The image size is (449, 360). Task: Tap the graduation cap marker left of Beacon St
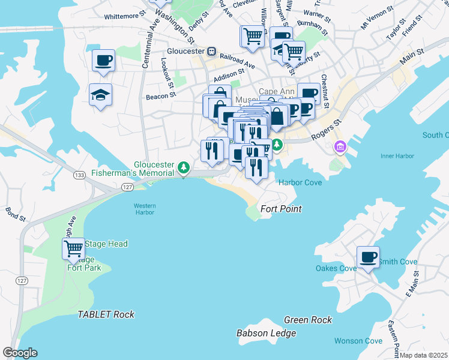[x=100, y=94]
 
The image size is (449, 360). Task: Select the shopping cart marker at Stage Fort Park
[x=74, y=248]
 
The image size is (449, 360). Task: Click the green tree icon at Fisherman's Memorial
[x=185, y=167]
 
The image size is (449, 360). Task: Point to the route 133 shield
[x=79, y=175]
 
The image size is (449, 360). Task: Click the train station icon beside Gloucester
[x=211, y=52]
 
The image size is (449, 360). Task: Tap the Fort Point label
[x=281, y=209]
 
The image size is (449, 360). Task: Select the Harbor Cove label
[x=300, y=182]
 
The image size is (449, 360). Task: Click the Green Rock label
[x=308, y=320]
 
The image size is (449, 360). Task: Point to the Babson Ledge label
[x=266, y=333]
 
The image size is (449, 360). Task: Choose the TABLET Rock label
[x=106, y=314]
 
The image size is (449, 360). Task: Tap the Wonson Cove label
[x=358, y=341]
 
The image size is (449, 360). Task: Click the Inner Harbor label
[x=397, y=157]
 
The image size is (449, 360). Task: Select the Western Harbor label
[x=144, y=209]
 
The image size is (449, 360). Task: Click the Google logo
[x=20, y=353]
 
